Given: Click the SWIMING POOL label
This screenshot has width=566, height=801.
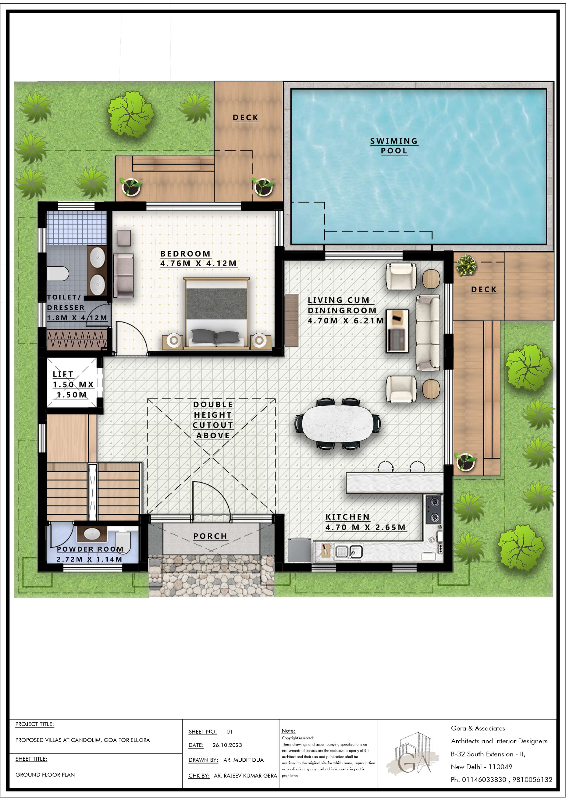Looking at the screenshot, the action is point(394,146).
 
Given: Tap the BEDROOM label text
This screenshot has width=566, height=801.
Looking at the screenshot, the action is point(185,254).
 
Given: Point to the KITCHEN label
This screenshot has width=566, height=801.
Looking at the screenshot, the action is point(347,517).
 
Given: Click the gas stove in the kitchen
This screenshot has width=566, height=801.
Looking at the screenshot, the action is point(433,510).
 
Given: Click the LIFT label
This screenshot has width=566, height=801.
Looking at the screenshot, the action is point(63,374).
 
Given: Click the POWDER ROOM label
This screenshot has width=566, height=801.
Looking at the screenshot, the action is point(90,549).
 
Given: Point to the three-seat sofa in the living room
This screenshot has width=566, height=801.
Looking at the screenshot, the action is point(428,332).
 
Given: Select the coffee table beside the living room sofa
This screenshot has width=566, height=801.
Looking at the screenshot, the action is point(397,330).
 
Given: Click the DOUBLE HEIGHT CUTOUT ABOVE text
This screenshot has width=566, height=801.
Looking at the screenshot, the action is point(213,420).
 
